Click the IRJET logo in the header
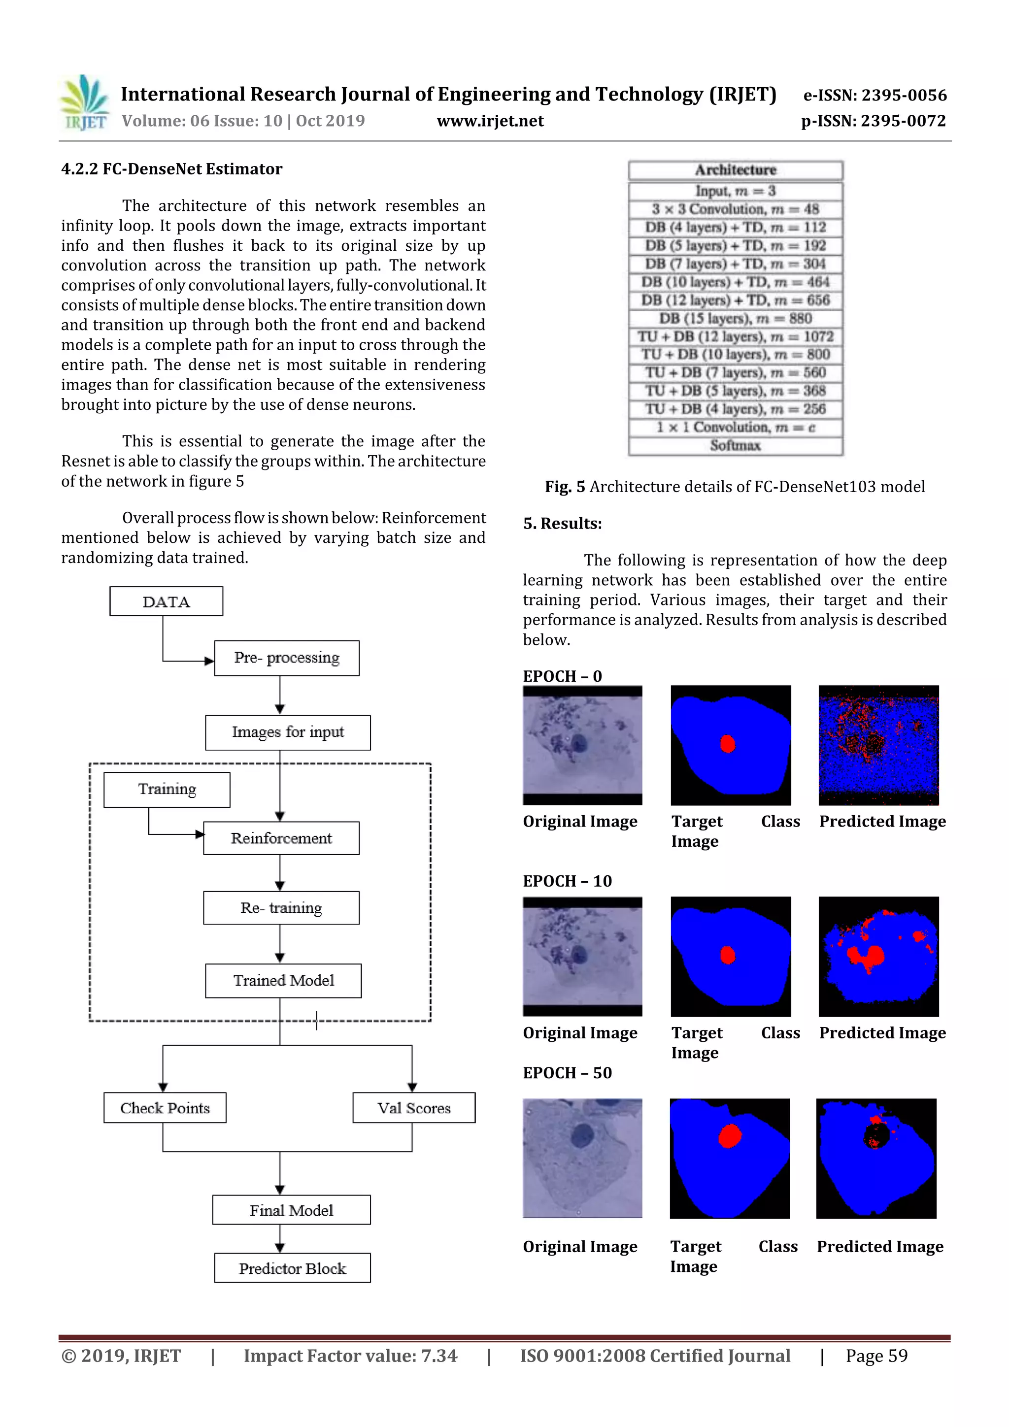(x=85, y=103)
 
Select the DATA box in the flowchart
(x=166, y=601)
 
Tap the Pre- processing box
(x=287, y=658)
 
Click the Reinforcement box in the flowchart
(x=281, y=838)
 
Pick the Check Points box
(x=165, y=1107)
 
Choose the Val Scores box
(x=413, y=1107)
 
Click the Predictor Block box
(x=292, y=1268)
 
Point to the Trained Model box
(x=283, y=981)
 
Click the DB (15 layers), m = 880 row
(x=736, y=319)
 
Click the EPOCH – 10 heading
(x=567, y=881)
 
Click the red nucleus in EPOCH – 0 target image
(x=727, y=743)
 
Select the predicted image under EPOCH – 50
(x=876, y=1159)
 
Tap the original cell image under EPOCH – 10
(x=582, y=956)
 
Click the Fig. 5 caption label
(x=565, y=487)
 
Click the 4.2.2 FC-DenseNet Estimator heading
(x=171, y=169)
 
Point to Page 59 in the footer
(x=876, y=1356)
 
